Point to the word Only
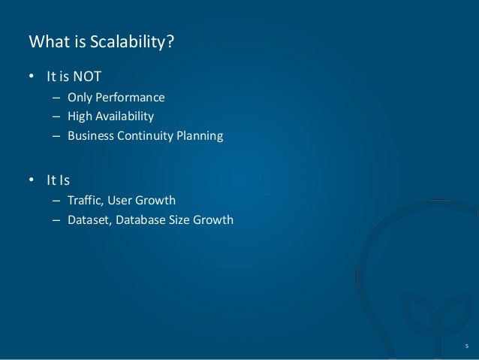(x=80, y=97)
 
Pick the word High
(x=80, y=116)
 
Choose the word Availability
(x=125, y=116)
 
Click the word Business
(x=90, y=137)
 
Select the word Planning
(x=199, y=137)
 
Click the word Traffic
(x=85, y=201)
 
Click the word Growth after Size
(x=215, y=220)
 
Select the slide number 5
(x=465, y=345)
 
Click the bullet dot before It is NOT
(x=32, y=77)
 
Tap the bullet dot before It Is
(x=32, y=180)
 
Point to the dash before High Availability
(x=56, y=116)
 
